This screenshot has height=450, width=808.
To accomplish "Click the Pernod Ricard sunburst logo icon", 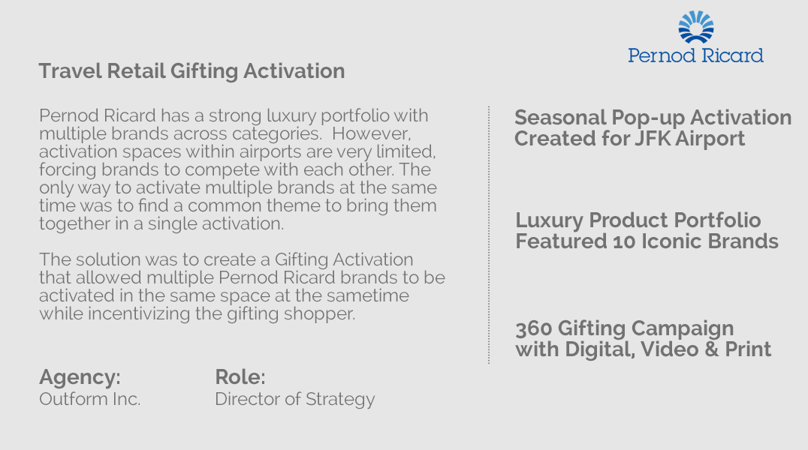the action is [696, 27].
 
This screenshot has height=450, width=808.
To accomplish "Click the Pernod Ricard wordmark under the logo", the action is [695, 55].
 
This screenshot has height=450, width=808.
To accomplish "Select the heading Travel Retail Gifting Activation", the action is [191, 71].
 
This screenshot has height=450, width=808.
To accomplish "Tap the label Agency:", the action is [80, 377].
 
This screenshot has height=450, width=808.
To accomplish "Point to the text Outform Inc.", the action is [89, 399].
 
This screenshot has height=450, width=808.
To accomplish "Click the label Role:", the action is [240, 377].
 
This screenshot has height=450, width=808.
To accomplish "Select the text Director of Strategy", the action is [295, 400].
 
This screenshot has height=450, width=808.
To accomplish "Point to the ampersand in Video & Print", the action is [712, 349].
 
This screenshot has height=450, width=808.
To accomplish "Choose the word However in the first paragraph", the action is [371, 133].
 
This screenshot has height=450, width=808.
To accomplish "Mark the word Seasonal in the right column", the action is [560, 118].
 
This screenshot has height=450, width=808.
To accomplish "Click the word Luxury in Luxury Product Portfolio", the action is [550, 221].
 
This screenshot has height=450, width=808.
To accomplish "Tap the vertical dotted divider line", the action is [489, 235].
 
